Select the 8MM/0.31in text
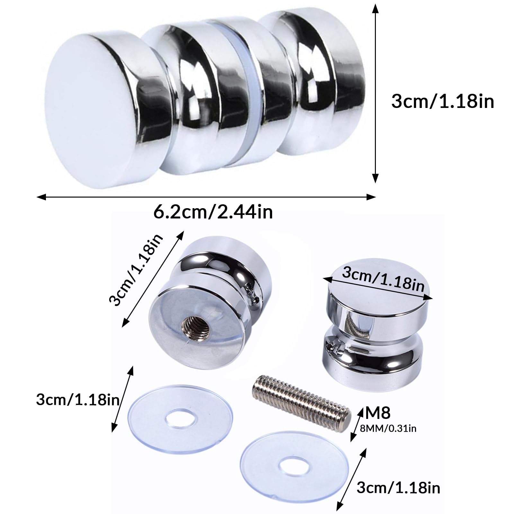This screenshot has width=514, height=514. click(388, 428)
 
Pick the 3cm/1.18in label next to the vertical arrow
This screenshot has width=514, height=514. click(443, 102)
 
